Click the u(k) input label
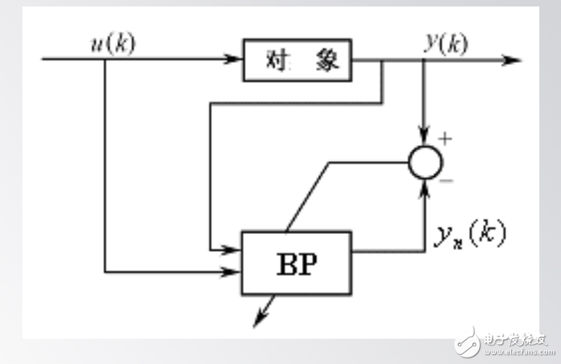[x=111, y=45]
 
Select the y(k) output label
[x=445, y=45]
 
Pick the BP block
[x=297, y=262]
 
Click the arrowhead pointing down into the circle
[x=425, y=138]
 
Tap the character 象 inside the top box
[x=326, y=60]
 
